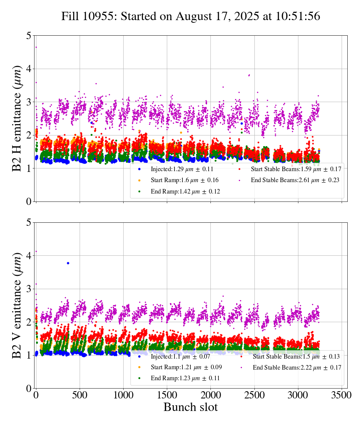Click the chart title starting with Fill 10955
coord(191,16)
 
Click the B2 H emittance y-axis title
coord(17,118)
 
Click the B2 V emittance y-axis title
coord(17,305)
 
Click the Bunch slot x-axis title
coord(191,407)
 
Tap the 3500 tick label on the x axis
coord(342,395)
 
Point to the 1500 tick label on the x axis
coord(167,395)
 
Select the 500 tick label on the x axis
coord(80,395)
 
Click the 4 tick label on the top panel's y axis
coord(29,69)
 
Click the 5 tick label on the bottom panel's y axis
coord(29,223)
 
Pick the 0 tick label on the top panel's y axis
coord(29,201)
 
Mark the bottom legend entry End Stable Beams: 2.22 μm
coord(296,367)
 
